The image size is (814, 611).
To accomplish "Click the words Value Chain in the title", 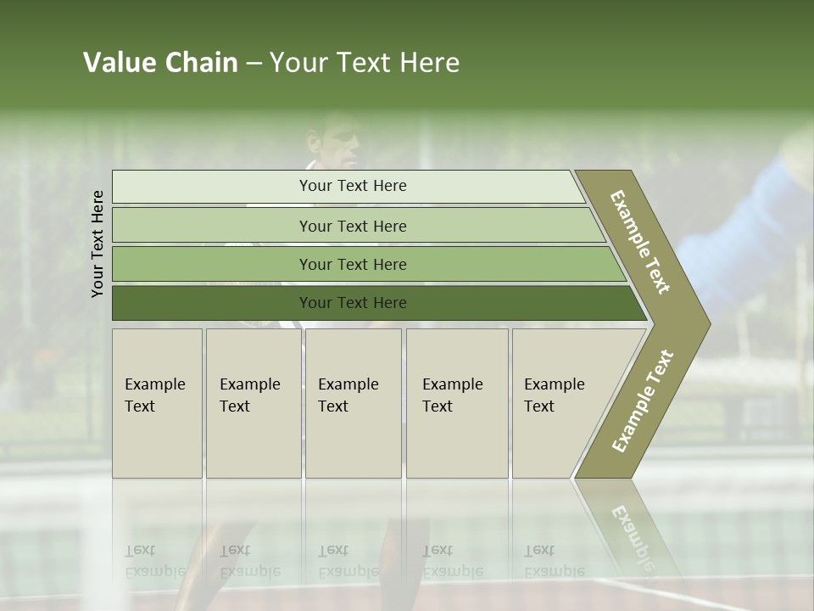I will click(160, 63).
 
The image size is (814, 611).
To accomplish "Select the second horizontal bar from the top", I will click(353, 226).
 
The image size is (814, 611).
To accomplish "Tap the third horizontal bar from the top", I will click(353, 264).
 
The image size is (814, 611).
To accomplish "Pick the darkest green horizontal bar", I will click(353, 303).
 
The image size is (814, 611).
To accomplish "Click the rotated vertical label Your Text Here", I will click(98, 244).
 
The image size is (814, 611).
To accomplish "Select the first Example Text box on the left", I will click(157, 402).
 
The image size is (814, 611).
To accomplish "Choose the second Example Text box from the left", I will click(253, 402).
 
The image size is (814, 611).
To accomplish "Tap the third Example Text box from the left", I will click(353, 402).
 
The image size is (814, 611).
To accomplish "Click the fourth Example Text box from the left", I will click(457, 402).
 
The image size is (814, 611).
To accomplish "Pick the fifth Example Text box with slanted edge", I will click(564, 402).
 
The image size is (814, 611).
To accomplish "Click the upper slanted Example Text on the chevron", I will click(641, 242).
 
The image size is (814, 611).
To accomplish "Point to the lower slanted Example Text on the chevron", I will click(643, 401).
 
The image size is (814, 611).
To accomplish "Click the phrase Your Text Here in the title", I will click(365, 63).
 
